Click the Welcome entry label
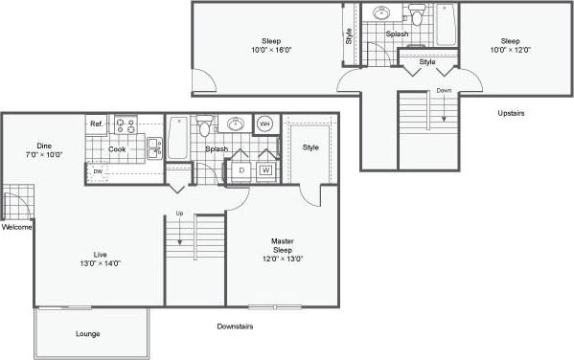click(x=17, y=228)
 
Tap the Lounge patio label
click(x=88, y=333)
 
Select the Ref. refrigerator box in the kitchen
click(x=97, y=124)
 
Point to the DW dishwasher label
click(x=98, y=172)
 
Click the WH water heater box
click(x=265, y=124)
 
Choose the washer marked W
click(x=264, y=170)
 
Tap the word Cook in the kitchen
click(x=116, y=148)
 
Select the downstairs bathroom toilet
click(x=204, y=128)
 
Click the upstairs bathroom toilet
click(x=416, y=15)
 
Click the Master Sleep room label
click(x=282, y=245)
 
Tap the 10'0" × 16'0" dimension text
click(x=272, y=50)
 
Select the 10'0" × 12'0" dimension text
click(x=510, y=50)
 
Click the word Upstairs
click(x=511, y=113)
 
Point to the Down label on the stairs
click(x=444, y=91)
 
